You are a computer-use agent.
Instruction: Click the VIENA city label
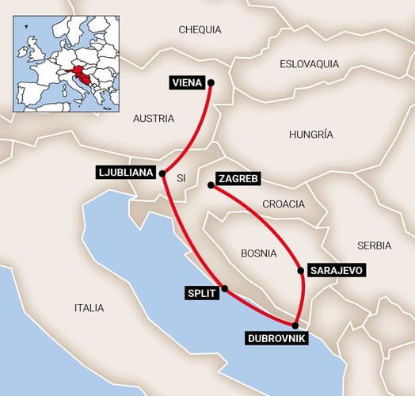pyautogui.click(x=186, y=82)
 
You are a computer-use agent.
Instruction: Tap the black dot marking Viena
pyautogui.click(x=211, y=82)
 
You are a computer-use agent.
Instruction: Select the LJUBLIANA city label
pyautogui.click(x=125, y=172)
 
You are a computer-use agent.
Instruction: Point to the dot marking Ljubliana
pyautogui.click(x=162, y=173)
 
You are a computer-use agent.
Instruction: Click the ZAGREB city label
pyautogui.click(x=237, y=179)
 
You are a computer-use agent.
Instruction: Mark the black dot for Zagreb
pyautogui.click(x=210, y=185)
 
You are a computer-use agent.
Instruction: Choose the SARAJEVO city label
pyautogui.click(x=336, y=270)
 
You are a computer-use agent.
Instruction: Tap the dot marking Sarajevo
pyautogui.click(x=301, y=270)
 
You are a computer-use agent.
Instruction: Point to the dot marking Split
pyautogui.click(x=225, y=288)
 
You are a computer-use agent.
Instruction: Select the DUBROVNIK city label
pyautogui.click(x=274, y=339)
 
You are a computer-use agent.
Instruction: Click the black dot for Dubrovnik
pyautogui.click(x=295, y=326)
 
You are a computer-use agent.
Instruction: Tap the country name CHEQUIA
pyautogui.click(x=201, y=29)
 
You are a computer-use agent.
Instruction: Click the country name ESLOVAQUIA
pyautogui.click(x=310, y=63)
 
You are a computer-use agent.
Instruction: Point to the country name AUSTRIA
pyautogui.click(x=154, y=119)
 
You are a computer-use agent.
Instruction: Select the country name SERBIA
pyautogui.click(x=374, y=246)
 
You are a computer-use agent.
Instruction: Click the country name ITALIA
pyautogui.click(x=89, y=307)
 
